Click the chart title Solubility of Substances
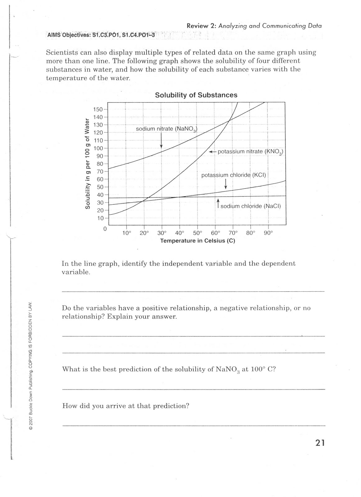pyautogui.click(x=196, y=95)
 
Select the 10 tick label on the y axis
pyautogui.click(x=100, y=218)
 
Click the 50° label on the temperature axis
pyautogui.click(x=197, y=233)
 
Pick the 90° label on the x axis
pyautogui.click(x=268, y=233)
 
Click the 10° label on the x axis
pyautogui.click(x=127, y=233)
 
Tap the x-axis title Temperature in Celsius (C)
pyautogui.click(x=198, y=241)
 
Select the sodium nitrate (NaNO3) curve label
pyautogui.click(x=167, y=129)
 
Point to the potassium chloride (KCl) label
pyautogui.click(x=234, y=175)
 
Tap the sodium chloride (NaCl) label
pyautogui.click(x=250, y=206)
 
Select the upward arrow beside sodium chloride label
pyautogui.click(x=218, y=203)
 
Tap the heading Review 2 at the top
pyautogui.click(x=254, y=26)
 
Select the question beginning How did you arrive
pyautogui.click(x=126, y=406)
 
